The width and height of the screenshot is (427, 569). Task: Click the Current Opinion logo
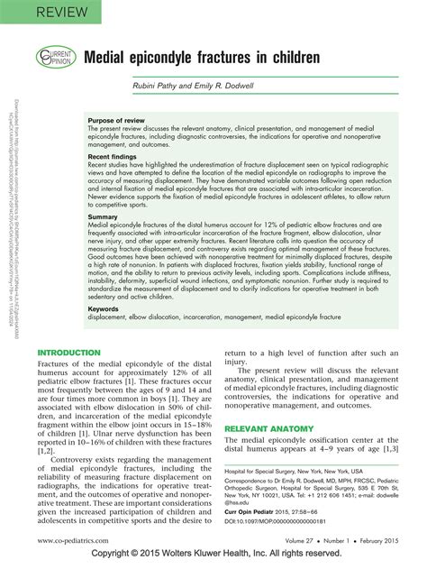coord(55,57)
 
